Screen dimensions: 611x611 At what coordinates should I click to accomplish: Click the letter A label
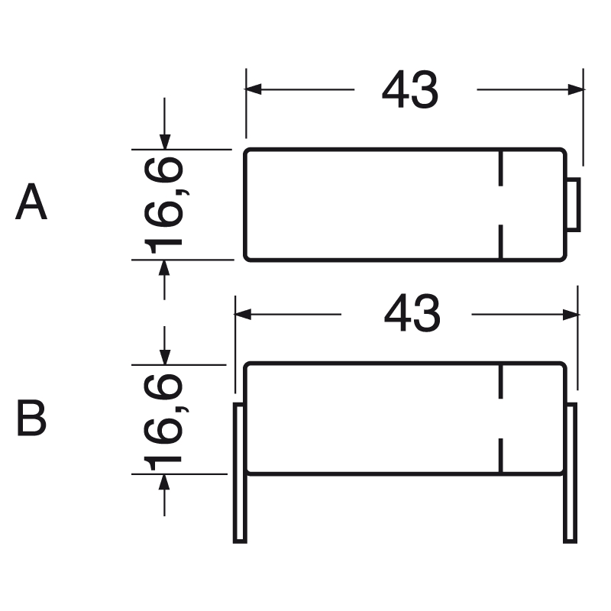coord(31,202)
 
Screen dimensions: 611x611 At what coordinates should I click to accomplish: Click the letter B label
coord(31,419)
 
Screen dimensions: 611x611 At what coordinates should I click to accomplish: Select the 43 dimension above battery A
coord(410,91)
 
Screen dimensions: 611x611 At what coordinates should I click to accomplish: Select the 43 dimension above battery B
coord(412,314)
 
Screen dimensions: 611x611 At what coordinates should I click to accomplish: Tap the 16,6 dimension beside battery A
coord(163,204)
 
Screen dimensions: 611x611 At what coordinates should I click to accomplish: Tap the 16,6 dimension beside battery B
coord(163,419)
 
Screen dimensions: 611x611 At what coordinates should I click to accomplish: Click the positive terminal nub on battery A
coord(574,205)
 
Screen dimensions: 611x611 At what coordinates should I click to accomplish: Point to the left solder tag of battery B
coord(240,474)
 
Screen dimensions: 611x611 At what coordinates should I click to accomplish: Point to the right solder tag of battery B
coord(570,474)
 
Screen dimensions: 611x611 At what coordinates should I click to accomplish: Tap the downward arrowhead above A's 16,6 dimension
coord(165,141)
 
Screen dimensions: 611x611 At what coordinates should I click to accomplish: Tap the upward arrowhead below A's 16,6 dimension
coord(165,268)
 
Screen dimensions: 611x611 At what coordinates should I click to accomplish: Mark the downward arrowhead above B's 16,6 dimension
coord(165,357)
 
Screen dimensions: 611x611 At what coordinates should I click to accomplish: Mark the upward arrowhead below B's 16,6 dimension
coord(165,482)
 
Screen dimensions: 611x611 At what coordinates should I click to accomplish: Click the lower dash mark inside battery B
coord(501,455)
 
